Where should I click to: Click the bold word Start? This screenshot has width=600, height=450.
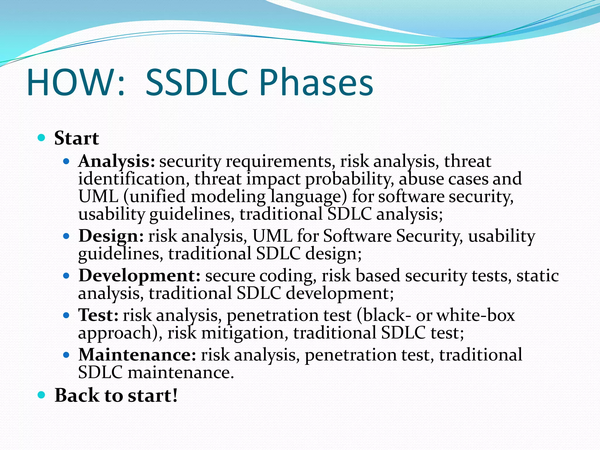[76, 138]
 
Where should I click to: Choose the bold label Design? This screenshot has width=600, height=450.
[111, 236]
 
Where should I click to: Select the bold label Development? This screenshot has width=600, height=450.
[139, 276]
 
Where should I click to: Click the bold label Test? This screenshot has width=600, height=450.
[98, 315]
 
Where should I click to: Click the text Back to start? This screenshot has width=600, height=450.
[116, 396]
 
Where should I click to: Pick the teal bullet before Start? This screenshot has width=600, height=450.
[42, 137]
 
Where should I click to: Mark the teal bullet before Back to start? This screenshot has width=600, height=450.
[42, 395]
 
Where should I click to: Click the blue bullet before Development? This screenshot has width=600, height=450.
[67, 276]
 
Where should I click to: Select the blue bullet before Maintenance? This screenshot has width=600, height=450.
[67, 355]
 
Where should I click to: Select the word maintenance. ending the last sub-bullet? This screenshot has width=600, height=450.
[181, 373]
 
